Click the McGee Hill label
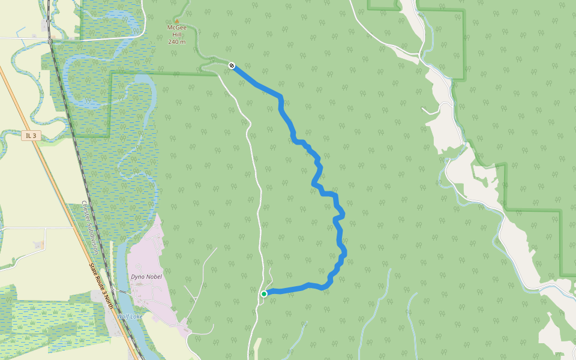(176, 31)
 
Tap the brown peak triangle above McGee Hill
(176, 20)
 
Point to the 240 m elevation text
(176, 42)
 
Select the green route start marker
(264, 293)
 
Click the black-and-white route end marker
(232, 65)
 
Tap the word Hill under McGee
(176, 35)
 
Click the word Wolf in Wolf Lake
(123, 316)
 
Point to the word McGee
(176, 28)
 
